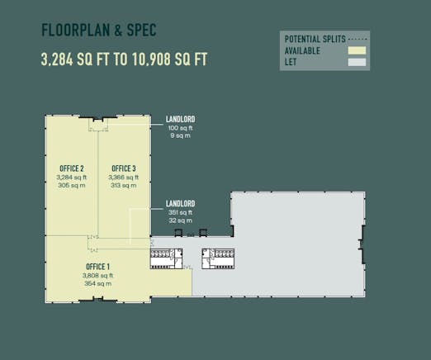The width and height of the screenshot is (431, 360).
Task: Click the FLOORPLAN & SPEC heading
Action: click(99, 31)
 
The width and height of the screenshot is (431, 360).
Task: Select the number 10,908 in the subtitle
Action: click(151, 59)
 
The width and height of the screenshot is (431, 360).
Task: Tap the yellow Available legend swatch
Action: click(357, 50)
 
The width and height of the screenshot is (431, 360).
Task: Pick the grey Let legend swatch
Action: click(357, 62)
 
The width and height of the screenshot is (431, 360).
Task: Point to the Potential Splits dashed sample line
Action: click(358, 40)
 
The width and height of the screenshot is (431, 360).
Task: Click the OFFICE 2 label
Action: click(72, 168)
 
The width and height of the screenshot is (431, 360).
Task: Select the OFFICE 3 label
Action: click(124, 168)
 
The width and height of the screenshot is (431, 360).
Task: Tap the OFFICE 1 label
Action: click(97, 267)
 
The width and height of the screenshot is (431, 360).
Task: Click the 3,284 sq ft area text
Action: click(72, 178)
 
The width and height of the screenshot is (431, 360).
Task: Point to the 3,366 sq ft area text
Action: click(124, 178)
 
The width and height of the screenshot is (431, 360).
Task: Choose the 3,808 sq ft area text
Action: click(97, 276)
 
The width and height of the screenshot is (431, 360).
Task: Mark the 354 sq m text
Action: click(97, 283)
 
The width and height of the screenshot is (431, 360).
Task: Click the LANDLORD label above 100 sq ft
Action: click(180, 119)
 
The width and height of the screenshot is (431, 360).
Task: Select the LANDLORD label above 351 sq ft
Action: click(180, 204)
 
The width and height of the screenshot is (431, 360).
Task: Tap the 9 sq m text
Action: click(180, 135)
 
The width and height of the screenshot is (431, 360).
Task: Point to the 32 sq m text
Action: click(180, 220)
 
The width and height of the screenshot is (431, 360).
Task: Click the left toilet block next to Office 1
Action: click(166, 258)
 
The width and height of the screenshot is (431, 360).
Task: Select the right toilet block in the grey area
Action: click(218, 258)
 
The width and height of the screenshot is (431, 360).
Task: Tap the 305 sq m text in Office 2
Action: click(72, 185)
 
